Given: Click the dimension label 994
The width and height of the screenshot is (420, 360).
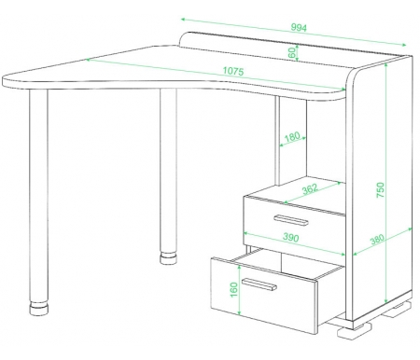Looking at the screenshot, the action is [299, 28].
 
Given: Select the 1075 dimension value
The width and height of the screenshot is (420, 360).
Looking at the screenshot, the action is [233, 71].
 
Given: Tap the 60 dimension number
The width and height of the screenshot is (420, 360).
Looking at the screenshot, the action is [292, 53].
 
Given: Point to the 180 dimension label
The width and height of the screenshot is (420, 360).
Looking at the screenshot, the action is [292, 136].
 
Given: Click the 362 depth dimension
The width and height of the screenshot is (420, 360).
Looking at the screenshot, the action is [310, 188].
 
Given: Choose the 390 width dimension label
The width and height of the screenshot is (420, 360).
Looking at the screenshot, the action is [291, 238].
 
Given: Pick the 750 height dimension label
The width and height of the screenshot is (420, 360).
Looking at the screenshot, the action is [381, 190].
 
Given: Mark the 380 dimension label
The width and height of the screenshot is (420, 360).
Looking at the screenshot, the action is [377, 239].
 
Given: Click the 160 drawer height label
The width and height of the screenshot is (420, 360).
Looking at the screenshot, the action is [233, 290].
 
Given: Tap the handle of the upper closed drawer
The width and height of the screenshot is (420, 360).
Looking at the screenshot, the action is [291, 220].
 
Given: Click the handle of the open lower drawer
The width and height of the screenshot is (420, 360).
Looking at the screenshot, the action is [259, 284].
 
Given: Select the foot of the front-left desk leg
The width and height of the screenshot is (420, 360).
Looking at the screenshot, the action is [39, 308].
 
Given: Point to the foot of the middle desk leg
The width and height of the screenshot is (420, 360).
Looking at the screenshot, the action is [168, 258].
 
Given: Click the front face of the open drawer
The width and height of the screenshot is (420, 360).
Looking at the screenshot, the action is [264, 295].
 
